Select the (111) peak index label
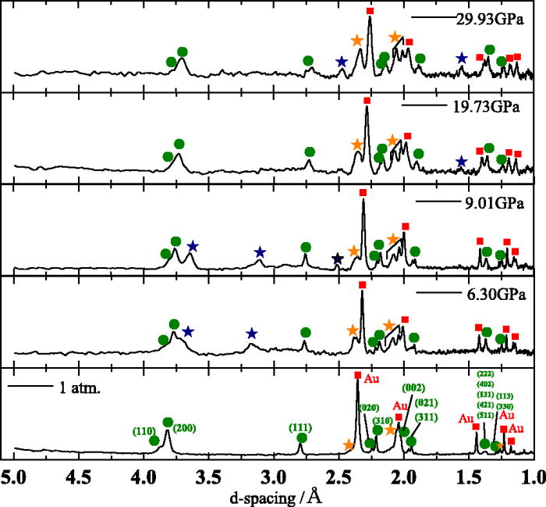click(301, 427)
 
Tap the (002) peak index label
click(413, 387)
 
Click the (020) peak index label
click(369, 407)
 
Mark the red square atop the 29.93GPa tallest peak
click(370, 11)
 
